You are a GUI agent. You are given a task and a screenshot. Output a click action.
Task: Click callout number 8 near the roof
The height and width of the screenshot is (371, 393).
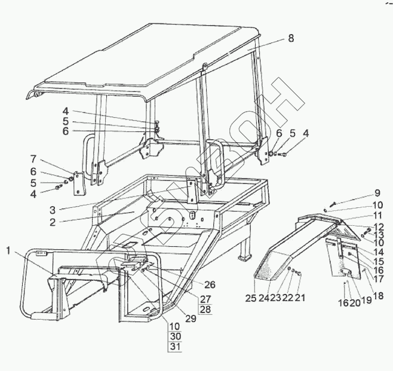click(290, 38)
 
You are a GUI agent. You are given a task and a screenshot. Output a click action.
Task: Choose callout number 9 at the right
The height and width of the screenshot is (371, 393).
click(377, 192)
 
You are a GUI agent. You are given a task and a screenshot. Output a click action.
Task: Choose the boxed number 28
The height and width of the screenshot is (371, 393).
click(205, 309)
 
